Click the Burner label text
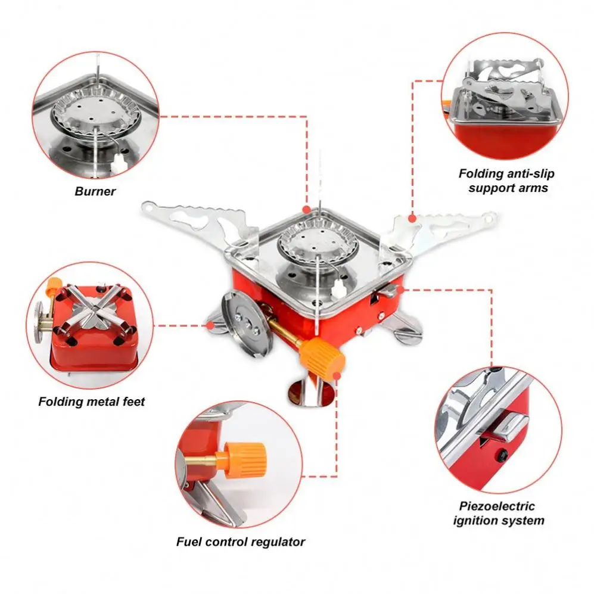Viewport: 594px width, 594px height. coord(95,192)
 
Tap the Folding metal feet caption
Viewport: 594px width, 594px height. coord(91,402)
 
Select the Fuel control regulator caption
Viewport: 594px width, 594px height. coord(240,542)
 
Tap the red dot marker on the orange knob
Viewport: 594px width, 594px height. coord(338,375)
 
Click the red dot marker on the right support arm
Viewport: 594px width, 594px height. coord(411,219)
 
